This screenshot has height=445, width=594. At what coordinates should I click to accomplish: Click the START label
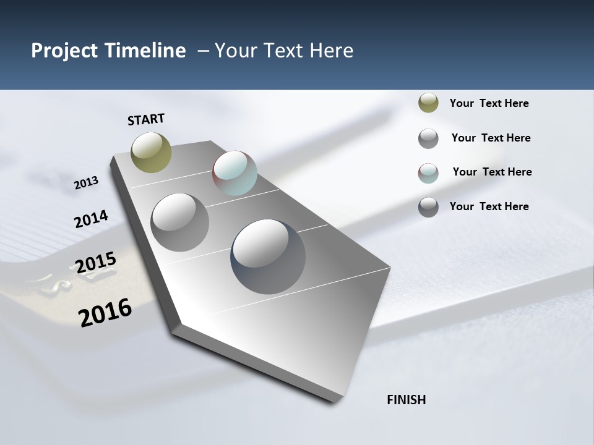(146, 119)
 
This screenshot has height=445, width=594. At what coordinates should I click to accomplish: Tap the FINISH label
(406, 400)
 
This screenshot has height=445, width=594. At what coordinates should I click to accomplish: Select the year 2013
(86, 183)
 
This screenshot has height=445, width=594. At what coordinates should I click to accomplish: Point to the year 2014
(91, 219)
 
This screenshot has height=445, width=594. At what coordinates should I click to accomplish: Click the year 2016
(105, 313)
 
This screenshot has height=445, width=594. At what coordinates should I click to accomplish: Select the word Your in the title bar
(235, 51)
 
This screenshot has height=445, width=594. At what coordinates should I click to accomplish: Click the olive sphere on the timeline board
(151, 152)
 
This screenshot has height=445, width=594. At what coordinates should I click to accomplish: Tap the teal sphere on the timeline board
(235, 173)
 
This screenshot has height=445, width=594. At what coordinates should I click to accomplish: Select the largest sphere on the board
(268, 256)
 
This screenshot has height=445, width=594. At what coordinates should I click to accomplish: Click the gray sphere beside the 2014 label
(179, 222)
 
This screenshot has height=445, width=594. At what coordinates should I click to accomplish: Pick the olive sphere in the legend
(428, 103)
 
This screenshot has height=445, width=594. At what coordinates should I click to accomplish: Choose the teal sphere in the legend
(428, 173)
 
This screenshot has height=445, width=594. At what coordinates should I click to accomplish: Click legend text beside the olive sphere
(489, 103)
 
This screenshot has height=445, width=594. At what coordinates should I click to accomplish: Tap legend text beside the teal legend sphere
(492, 172)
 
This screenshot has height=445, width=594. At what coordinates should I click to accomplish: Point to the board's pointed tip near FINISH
(334, 400)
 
